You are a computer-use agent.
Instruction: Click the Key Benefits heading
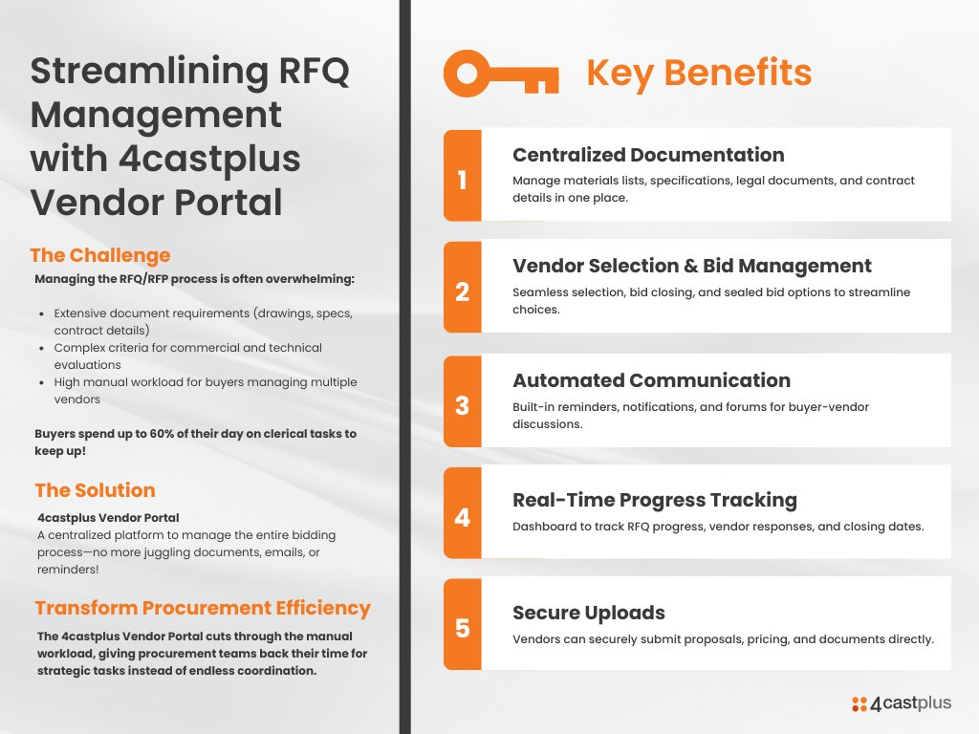point(698,73)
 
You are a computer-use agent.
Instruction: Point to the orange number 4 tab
point(463,516)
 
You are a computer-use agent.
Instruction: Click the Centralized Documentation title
point(648,155)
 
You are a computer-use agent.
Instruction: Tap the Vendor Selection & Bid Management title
point(691,266)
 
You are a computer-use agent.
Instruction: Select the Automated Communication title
point(651,380)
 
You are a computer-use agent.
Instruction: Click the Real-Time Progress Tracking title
point(654,500)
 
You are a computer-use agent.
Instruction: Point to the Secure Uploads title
point(588,613)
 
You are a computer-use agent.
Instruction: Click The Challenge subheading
point(100,255)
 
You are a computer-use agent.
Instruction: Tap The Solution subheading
point(95,490)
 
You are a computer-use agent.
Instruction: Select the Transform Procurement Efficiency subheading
point(203,608)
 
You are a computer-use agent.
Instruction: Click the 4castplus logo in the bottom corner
point(902,703)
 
